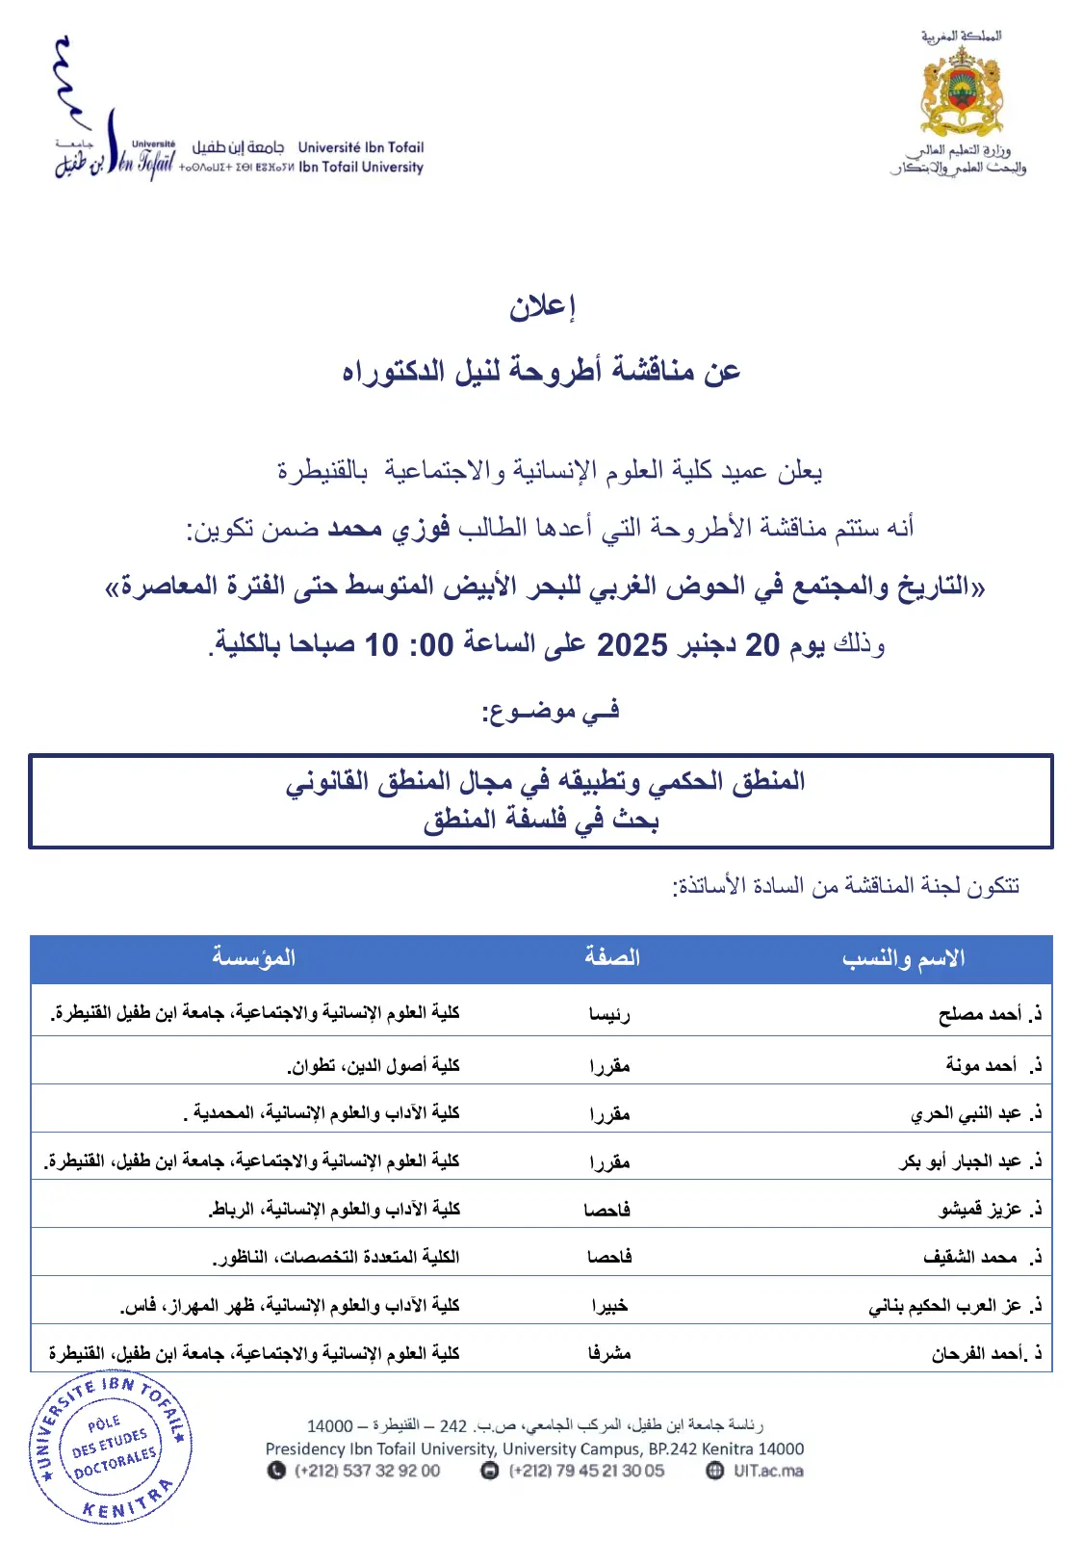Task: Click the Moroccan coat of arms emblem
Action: (x=961, y=91)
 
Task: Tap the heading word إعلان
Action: (x=542, y=306)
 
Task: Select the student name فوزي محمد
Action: (x=389, y=529)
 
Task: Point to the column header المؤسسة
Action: (x=253, y=958)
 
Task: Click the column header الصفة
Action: (x=611, y=958)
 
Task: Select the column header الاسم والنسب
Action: (x=903, y=958)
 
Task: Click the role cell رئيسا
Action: (x=609, y=1013)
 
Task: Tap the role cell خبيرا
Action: (x=609, y=1306)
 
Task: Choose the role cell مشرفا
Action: (x=609, y=1354)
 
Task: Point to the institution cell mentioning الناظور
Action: (x=336, y=1258)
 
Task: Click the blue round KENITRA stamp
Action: (x=111, y=1447)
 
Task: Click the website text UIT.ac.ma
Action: (x=767, y=1471)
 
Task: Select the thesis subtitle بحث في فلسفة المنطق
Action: (x=541, y=821)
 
